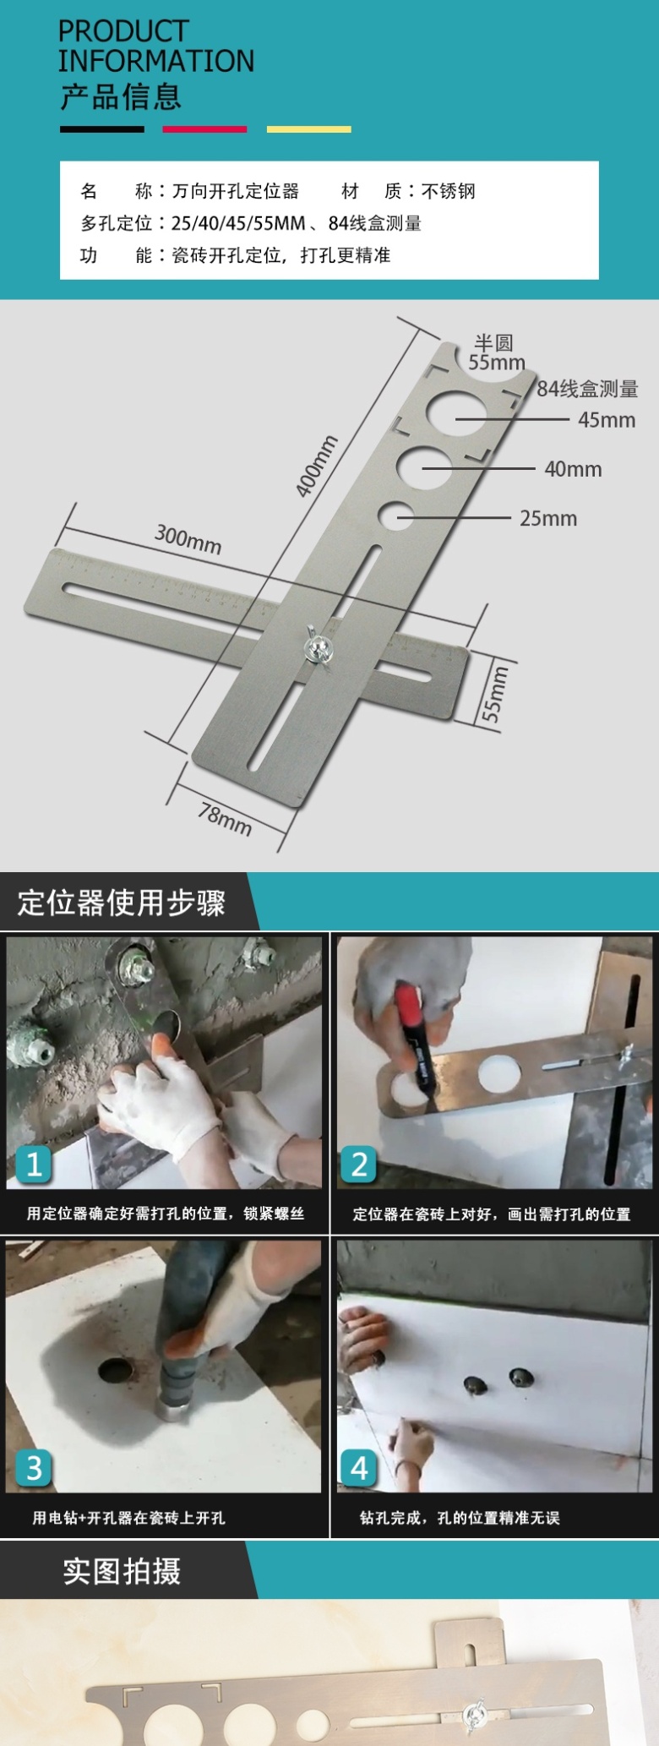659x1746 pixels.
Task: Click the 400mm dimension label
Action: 316,466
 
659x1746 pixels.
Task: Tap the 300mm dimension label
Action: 188,538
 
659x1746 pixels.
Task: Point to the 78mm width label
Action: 225,819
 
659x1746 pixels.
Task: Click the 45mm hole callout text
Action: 607,420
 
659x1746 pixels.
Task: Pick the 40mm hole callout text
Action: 573,469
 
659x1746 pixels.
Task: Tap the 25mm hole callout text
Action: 548,519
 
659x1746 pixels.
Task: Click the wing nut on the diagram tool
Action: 319,647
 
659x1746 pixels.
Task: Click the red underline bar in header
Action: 204,129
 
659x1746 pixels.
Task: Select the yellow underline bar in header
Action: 308,129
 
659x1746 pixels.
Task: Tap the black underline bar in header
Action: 101,129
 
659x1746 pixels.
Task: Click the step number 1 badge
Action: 33,1165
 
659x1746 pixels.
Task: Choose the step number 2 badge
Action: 358,1165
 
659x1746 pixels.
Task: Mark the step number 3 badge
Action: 33,1468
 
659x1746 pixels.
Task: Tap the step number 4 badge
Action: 358,1468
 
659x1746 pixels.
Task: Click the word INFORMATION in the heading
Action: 156,61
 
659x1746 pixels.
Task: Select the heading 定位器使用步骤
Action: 122,903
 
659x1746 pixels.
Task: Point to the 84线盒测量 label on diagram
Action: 588,389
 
